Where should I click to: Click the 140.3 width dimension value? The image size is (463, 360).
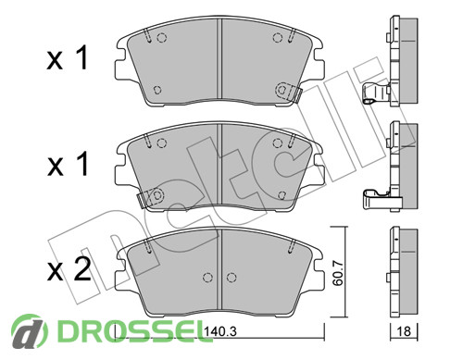[x=220, y=331]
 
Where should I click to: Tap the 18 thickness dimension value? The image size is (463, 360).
[x=404, y=331]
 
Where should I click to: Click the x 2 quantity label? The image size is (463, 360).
[x=69, y=270]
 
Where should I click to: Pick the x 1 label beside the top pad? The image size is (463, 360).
[x=68, y=57]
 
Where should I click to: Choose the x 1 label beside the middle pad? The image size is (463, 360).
[x=68, y=164]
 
